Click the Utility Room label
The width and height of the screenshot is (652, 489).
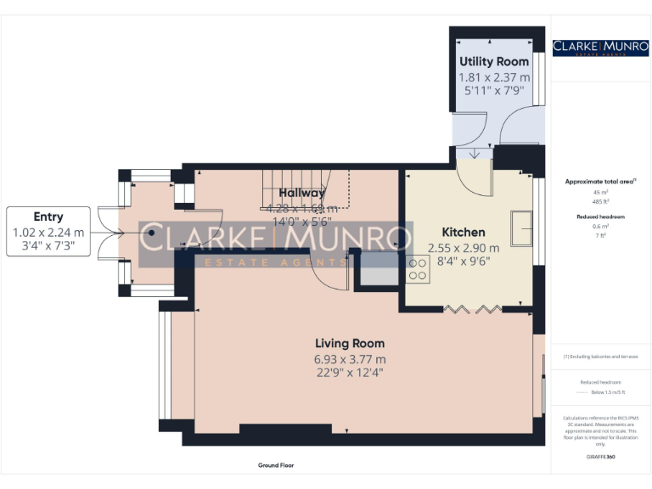point(494,62)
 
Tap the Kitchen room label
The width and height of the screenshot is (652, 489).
point(464,232)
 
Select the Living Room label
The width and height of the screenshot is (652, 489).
point(350,344)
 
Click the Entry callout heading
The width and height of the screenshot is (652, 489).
point(48,216)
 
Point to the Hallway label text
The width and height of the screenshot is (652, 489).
point(302,194)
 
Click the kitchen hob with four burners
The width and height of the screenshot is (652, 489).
point(418,269)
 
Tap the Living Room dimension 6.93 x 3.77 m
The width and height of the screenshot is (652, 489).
point(350,358)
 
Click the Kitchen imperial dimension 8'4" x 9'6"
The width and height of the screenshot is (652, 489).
point(464,262)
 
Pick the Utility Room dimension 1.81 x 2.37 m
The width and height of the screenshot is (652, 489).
point(494,77)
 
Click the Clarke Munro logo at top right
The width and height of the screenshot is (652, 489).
point(600,48)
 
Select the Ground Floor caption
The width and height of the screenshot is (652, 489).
point(276,465)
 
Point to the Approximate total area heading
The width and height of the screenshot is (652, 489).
point(600,182)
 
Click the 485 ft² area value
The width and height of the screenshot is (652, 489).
point(600,200)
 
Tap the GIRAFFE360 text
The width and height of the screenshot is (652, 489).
point(600,457)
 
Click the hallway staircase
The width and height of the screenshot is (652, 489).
point(306,188)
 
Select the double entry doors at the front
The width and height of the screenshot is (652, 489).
point(109,232)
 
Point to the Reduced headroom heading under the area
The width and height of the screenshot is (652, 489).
point(600,216)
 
